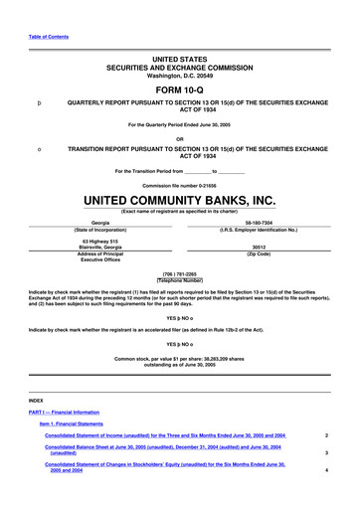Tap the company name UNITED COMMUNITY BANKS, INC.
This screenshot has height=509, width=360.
179,199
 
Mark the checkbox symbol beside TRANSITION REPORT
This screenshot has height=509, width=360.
39,150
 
